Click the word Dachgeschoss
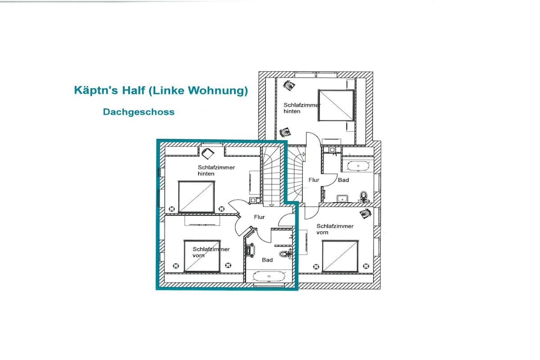[x=139, y=112]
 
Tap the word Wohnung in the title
[x=219, y=91]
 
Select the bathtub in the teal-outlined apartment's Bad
[x=269, y=276]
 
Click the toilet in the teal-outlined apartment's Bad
[x=285, y=254]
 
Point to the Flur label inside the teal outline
[x=259, y=217]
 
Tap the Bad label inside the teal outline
[x=267, y=260]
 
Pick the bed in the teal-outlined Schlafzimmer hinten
[x=197, y=197]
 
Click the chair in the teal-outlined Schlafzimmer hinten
[x=208, y=153]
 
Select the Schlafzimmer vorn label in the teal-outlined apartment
[x=211, y=252]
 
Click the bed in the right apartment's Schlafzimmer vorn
[x=340, y=256]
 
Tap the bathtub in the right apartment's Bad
[x=358, y=166]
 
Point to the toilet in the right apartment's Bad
[x=363, y=197]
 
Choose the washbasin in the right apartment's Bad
[x=342, y=198]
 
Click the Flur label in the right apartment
[x=314, y=180]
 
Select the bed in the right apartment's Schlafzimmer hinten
[x=336, y=105]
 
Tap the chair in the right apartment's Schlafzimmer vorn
[x=366, y=213]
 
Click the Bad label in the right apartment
[x=343, y=180]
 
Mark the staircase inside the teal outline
[x=272, y=177]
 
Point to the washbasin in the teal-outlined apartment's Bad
[x=250, y=250]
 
